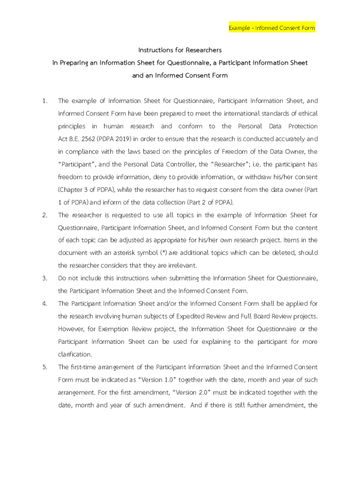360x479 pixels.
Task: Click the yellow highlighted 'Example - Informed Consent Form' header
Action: point(272,28)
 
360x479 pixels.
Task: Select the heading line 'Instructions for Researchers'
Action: point(180,50)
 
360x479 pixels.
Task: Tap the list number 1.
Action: point(44,101)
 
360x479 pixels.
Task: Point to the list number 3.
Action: point(44,278)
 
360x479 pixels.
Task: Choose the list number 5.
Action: point(44,367)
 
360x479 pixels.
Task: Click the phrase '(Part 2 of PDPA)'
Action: point(211,203)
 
